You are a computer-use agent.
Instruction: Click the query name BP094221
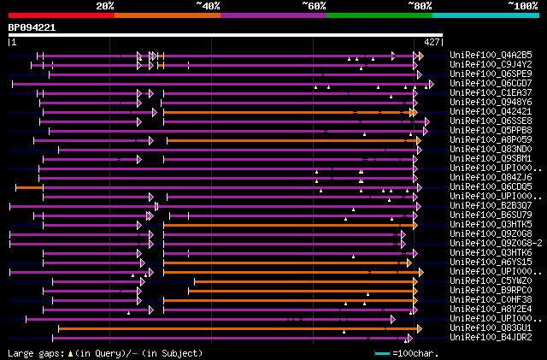pos(32,27)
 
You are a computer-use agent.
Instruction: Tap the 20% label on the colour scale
pos(105,5)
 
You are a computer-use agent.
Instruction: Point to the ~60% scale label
pos(314,5)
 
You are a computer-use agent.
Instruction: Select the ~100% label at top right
pos(521,5)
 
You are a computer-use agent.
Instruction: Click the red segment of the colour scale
pos(60,15)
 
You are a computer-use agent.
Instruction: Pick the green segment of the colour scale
pos(379,15)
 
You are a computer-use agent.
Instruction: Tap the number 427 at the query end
pos(432,41)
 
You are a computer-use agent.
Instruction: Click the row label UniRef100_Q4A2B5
pos(490,55)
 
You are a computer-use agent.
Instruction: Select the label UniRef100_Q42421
pos(490,111)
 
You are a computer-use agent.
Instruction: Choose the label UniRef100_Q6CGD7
pos(490,83)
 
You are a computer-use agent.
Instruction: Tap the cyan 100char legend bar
pos(382,352)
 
